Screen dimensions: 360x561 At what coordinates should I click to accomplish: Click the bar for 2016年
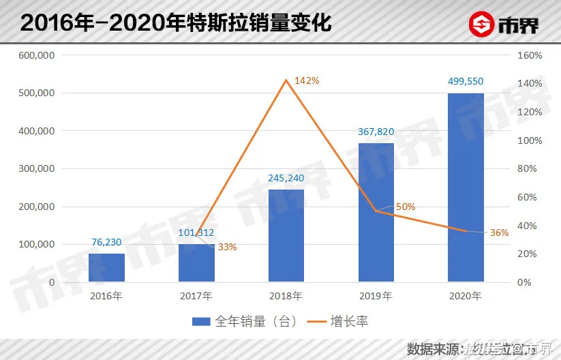click(107, 268)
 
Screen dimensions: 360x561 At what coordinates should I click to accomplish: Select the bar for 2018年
click(286, 235)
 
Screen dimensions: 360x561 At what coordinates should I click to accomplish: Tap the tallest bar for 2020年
click(466, 187)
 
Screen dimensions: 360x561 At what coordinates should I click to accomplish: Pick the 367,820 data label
click(376, 132)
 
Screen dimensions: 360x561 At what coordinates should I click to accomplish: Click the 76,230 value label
click(108, 241)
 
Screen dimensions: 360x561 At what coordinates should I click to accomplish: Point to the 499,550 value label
click(466, 80)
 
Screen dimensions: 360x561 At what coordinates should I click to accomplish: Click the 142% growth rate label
click(307, 80)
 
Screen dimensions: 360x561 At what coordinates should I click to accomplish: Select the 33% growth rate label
click(227, 247)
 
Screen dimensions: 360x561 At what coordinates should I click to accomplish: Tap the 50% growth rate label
click(406, 207)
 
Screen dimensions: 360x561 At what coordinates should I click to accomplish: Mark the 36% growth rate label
click(500, 232)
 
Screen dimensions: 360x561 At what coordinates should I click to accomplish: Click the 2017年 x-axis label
click(196, 296)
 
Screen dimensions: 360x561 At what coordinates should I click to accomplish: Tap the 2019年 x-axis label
click(376, 296)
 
